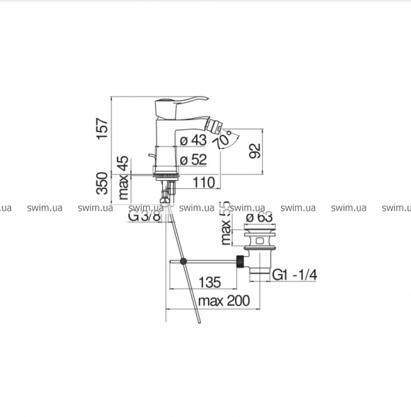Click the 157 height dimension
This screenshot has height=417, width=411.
[103, 129]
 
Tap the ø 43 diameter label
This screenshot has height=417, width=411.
[193, 140]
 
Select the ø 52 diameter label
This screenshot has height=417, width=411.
[193, 160]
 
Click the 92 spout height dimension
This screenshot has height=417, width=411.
[255, 151]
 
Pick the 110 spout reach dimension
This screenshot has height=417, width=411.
[204, 182]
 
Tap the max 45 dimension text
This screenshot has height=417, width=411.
[124, 178]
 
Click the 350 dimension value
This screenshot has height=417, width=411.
[103, 183]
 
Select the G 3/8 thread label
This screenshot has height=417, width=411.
[144, 216]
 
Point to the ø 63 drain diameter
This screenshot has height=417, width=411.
[259, 218]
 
